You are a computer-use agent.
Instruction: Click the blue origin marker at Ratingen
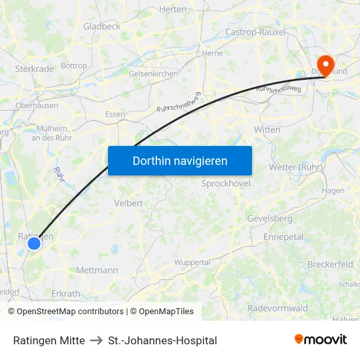tap(34, 243)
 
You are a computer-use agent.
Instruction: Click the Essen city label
tap(115, 114)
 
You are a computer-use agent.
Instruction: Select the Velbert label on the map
tap(128, 203)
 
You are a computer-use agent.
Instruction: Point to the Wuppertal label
tap(192, 262)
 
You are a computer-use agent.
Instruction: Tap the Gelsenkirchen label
tap(153, 74)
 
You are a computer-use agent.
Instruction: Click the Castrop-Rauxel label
tap(255, 31)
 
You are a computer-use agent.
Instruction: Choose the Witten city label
tap(267, 130)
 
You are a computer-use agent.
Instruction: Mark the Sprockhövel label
tap(226, 184)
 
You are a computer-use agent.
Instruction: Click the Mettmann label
tap(97, 270)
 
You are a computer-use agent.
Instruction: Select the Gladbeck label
tap(101, 26)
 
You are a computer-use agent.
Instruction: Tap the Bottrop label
tap(73, 66)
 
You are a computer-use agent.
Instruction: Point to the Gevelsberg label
tap(270, 218)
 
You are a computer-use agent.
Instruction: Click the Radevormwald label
tap(278, 308)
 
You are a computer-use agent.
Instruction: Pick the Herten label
tap(173, 9)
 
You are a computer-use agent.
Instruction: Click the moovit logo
tap(321, 339)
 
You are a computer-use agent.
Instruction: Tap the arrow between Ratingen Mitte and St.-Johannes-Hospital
tap(96, 340)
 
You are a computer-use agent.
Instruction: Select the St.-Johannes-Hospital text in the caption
tap(162, 340)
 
